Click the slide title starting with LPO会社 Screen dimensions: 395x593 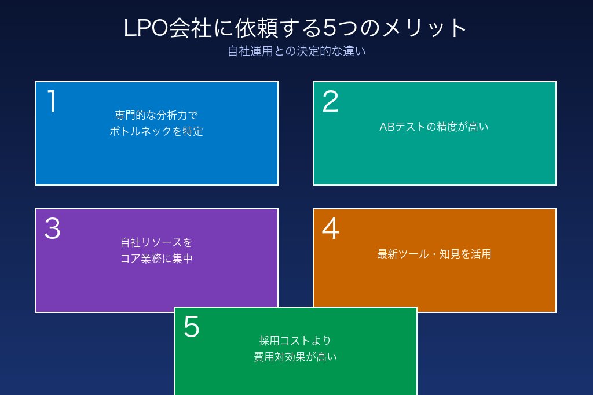296,28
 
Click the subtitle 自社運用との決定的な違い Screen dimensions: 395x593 296,51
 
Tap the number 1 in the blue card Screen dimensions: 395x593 52,101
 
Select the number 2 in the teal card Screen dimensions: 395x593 330,101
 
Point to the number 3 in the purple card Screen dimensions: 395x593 52,229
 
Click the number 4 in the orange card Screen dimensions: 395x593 330,229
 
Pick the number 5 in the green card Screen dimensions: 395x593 191,327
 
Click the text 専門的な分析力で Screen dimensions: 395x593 156,115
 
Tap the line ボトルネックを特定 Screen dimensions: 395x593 156,131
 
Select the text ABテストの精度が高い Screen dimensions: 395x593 434,127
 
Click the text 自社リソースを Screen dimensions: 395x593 156,242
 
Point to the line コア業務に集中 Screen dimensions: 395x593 156,259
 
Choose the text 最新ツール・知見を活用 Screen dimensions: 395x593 434,254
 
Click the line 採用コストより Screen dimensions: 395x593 295,341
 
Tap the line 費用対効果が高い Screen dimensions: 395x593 295,357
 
